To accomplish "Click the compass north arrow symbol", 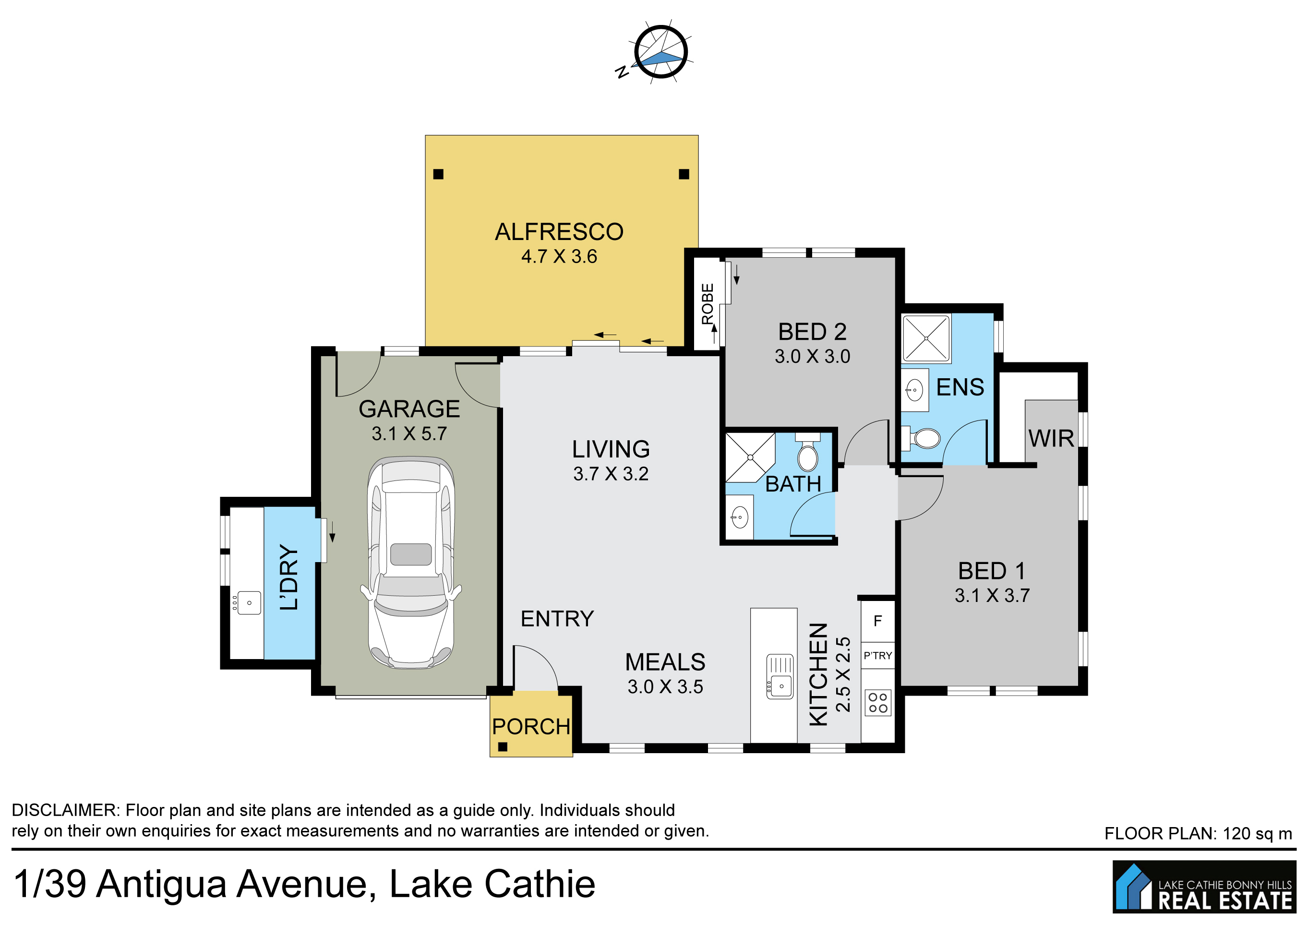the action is (660, 52).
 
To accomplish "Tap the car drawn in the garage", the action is (411, 563).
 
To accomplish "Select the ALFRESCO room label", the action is (559, 232).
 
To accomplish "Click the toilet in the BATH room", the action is (807, 452).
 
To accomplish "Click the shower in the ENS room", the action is (926, 338).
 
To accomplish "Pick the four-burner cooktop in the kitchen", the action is (878, 702).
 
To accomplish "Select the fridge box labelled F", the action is (877, 621).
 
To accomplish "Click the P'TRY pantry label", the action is (877, 656).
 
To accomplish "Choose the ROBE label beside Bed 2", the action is (708, 303).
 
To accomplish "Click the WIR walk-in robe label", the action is (1051, 439).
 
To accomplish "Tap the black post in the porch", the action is (503, 747).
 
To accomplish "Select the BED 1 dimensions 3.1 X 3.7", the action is (992, 596).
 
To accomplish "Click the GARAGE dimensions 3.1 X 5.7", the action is (409, 434).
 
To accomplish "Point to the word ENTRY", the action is (557, 619).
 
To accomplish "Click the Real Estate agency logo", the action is (1204, 886).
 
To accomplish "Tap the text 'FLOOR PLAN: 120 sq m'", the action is (1198, 834).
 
